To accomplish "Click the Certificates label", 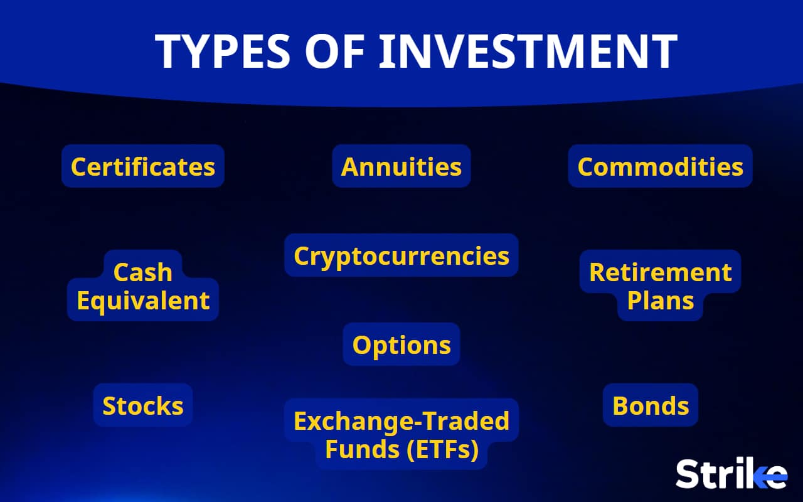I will coord(143,167).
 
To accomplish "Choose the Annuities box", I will coord(401,167).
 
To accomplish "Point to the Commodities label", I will coord(660,167).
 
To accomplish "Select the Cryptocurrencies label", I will coord(401,256).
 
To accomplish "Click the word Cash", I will coord(143,273).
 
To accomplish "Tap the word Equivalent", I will coord(143,301).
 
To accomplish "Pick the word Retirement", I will coord(660,273).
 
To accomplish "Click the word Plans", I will coord(661,301).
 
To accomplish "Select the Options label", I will coord(401,345).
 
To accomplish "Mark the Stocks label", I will coord(143,406).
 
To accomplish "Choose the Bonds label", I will coord(651,406).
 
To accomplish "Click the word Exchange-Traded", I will coord(401,421).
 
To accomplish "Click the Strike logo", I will coord(731,474).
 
